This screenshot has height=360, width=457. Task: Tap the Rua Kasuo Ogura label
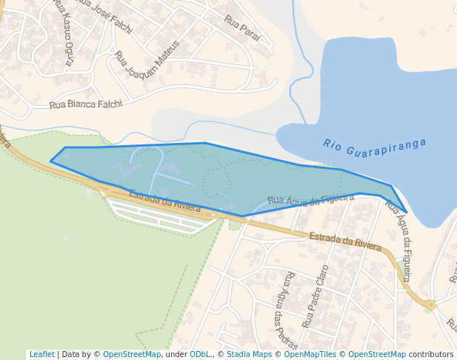click(x=63, y=32)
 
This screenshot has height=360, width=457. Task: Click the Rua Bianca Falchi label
click(x=85, y=104)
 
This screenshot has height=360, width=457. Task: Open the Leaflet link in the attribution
click(x=41, y=354)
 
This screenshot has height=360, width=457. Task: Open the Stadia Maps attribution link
click(x=249, y=354)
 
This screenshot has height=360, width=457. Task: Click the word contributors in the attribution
click(x=430, y=354)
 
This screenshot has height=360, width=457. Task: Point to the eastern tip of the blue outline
click(x=406, y=213)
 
